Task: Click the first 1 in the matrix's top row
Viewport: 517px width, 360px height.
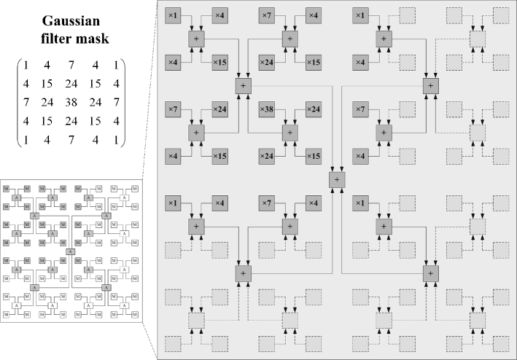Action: [26, 65]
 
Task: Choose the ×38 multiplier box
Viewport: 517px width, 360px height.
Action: [268, 110]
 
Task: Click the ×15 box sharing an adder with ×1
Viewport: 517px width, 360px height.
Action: [219, 62]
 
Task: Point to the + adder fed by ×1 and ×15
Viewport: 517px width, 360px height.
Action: [197, 39]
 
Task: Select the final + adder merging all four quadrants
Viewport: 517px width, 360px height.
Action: [337, 179]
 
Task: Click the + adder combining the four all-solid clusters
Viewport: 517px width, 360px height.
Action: [244, 86]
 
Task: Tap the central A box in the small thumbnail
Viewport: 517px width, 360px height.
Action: [70, 251]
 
